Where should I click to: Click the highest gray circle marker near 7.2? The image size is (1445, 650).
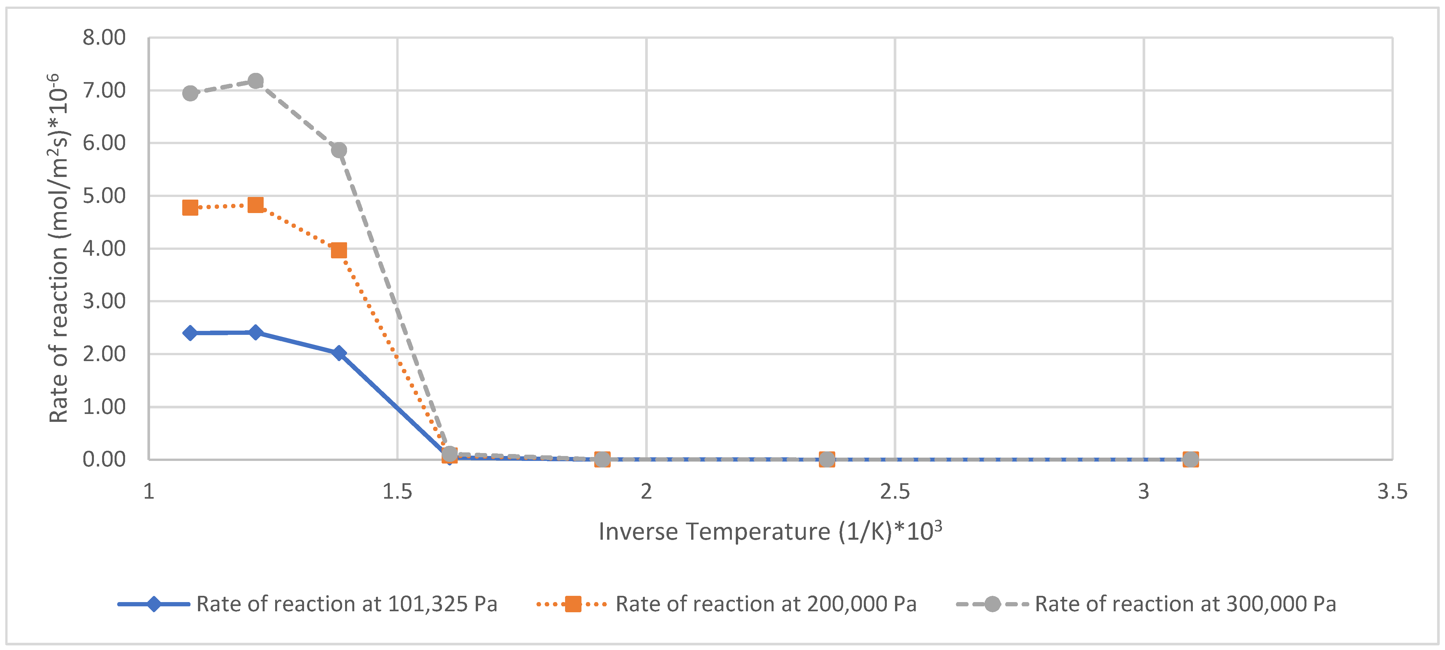[x=256, y=81]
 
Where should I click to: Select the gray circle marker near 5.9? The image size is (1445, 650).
[x=339, y=150]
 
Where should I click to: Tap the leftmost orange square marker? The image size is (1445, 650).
[x=190, y=207]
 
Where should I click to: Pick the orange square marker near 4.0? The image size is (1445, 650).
[x=339, y=250]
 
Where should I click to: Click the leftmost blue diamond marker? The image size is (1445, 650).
[x=190, y=333]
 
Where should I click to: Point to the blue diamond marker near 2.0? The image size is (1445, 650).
[x=339, y=353]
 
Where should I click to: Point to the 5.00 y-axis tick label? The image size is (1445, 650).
[x=104, y=196]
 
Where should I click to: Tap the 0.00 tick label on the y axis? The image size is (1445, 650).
[x=104, y=459]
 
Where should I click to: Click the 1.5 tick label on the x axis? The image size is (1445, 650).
[x=397, y=492]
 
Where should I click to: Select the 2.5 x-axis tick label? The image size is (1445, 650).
[x=895, y=492]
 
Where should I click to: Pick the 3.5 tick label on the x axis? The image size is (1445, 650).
[x=1392, y=492]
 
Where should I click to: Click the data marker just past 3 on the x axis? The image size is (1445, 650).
[x=1190, y=459]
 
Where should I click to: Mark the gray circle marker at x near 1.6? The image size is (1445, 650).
[x=449, y=454]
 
